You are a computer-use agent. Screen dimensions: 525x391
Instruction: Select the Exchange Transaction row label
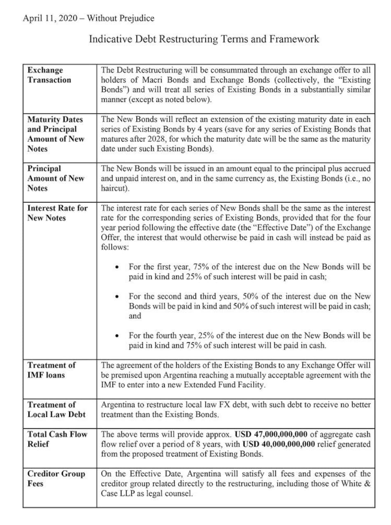click(49, 75)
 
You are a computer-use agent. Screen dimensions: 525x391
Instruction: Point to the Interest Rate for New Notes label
click(57, 213)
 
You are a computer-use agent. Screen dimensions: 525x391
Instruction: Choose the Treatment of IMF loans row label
click(51, 370)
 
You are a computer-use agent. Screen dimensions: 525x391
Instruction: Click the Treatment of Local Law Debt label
click(56, 409)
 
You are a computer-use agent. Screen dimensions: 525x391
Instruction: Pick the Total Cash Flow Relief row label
click(57, 439)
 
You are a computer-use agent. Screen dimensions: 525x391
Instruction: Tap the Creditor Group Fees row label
click(56, 479)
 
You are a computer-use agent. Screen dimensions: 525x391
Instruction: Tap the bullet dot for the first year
click(118, 267)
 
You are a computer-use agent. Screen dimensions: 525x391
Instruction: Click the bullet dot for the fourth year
click(118, 336)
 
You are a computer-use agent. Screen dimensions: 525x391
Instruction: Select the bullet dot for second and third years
click(118, 296)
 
